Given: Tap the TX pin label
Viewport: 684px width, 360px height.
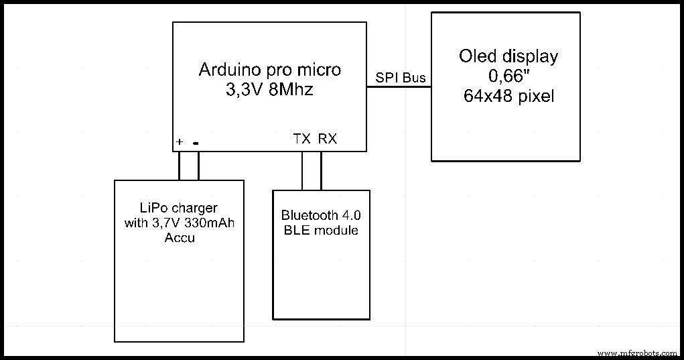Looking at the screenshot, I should (302, 139).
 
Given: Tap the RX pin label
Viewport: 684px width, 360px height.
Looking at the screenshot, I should (328, 139).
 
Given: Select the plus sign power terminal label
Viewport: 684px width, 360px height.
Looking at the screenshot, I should (180, 142).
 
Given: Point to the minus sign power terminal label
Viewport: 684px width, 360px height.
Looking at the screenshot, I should (196, 142).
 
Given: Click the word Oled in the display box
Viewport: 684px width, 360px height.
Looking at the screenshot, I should (477, 56).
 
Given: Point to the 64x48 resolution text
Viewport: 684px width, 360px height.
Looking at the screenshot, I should (484, 96).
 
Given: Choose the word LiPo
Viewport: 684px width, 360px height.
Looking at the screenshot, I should (151, 208).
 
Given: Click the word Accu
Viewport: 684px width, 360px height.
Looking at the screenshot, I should (180, 237).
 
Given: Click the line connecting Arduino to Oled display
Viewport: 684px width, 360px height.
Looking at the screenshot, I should (399, 87).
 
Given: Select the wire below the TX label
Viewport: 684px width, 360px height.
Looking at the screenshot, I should (302, 171).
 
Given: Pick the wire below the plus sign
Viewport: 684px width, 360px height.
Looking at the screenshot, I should (180, 166).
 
